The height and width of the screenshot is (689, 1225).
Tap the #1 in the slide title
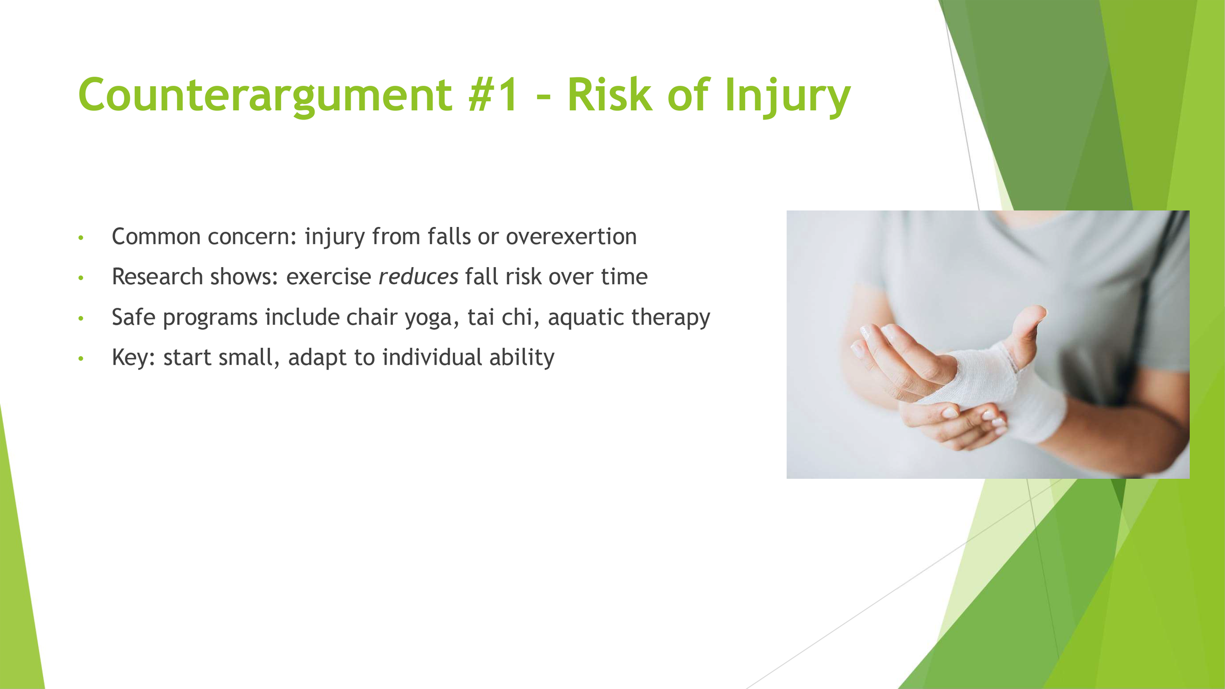click(492, 95)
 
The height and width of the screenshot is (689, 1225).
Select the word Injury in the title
click(787, 97)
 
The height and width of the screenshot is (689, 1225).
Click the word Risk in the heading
click(610, 94)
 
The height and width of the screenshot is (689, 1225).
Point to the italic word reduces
click(418, 277)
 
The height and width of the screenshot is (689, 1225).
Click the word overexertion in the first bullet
click(571, 237)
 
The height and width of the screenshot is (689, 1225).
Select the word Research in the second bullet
click(157, 276)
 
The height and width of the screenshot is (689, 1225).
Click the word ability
click(522, 358)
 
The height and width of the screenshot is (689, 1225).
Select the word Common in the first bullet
click(156, 237)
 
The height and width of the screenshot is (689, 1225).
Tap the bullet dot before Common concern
click(81, 238)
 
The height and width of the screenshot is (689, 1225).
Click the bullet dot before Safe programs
click(81, 319)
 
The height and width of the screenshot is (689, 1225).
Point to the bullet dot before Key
click(81, 359)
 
